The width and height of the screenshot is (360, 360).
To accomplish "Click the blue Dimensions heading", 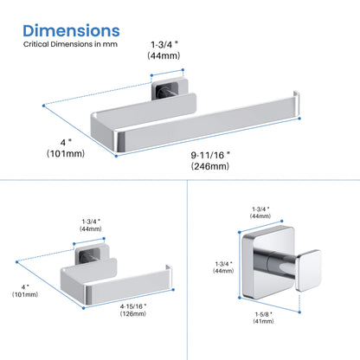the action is pyautogui.click(x=71, y=31).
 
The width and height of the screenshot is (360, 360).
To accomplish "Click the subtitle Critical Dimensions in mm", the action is pyautogui.click(x=70, y=44).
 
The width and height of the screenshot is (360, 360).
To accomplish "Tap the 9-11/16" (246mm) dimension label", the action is pyautogui.click(x=210, y=161).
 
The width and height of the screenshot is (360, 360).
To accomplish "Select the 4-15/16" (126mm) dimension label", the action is pyautogui.click(x=133, y=310).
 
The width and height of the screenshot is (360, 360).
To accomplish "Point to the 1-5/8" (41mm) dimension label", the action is pyautogui.click(x=263, y=318).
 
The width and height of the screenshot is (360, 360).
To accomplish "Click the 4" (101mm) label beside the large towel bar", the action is pyautogui.click(x=66, y=148).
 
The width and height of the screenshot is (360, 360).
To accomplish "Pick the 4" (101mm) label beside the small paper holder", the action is pyautogui.click(x=25, y=291).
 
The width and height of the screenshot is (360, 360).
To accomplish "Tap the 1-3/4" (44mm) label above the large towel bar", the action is pyautogui.click(x=164, y=50).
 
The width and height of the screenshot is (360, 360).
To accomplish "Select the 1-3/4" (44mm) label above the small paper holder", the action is pyautogui.click(x=91, y=225).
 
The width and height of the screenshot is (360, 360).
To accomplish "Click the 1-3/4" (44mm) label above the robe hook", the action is pyautogui.click(x=260, y=213).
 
